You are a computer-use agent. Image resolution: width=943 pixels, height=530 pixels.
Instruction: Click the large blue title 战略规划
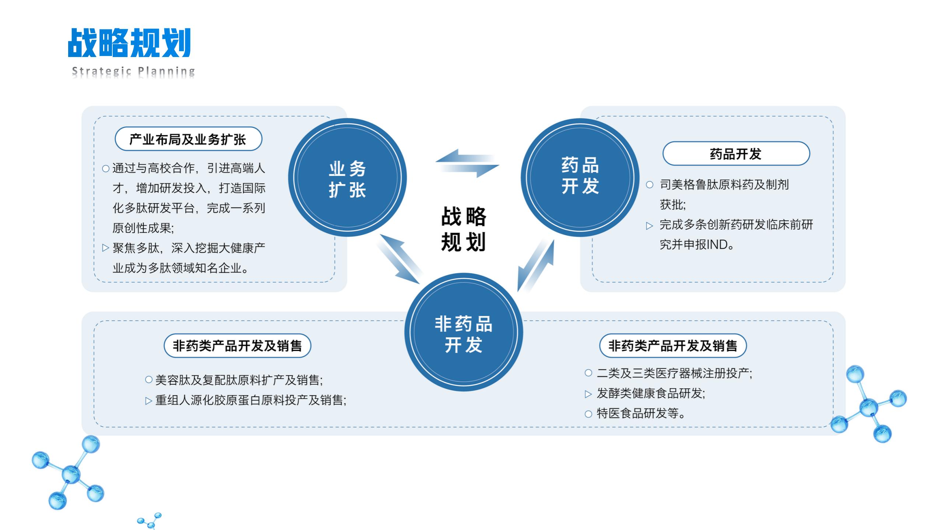tap(129, 43)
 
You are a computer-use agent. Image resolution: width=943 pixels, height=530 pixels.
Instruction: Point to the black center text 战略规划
tap(463, 229)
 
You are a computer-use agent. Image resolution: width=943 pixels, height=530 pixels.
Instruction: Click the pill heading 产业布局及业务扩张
tap(188, 139)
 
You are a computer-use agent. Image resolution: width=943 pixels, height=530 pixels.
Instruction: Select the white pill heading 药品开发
tap(736, 153)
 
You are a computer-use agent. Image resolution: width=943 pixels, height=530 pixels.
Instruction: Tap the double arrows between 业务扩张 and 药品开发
tap(467, 163)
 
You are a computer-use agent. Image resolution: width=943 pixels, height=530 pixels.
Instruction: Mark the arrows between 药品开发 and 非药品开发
tap(536, 265)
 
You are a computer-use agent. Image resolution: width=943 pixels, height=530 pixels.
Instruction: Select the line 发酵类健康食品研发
tap(651, 393)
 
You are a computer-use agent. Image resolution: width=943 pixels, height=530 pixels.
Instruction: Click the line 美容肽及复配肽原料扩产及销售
tap(239, 380)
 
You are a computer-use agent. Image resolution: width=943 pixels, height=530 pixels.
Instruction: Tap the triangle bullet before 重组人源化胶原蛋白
tap(148, 401)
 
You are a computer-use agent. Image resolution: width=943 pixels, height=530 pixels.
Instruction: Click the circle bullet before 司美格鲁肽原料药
tap(649, 185)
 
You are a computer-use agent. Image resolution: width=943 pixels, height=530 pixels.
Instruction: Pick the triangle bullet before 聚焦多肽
tap(106, 248)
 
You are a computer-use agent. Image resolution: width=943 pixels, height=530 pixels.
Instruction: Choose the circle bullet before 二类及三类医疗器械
tap(588, 373)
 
